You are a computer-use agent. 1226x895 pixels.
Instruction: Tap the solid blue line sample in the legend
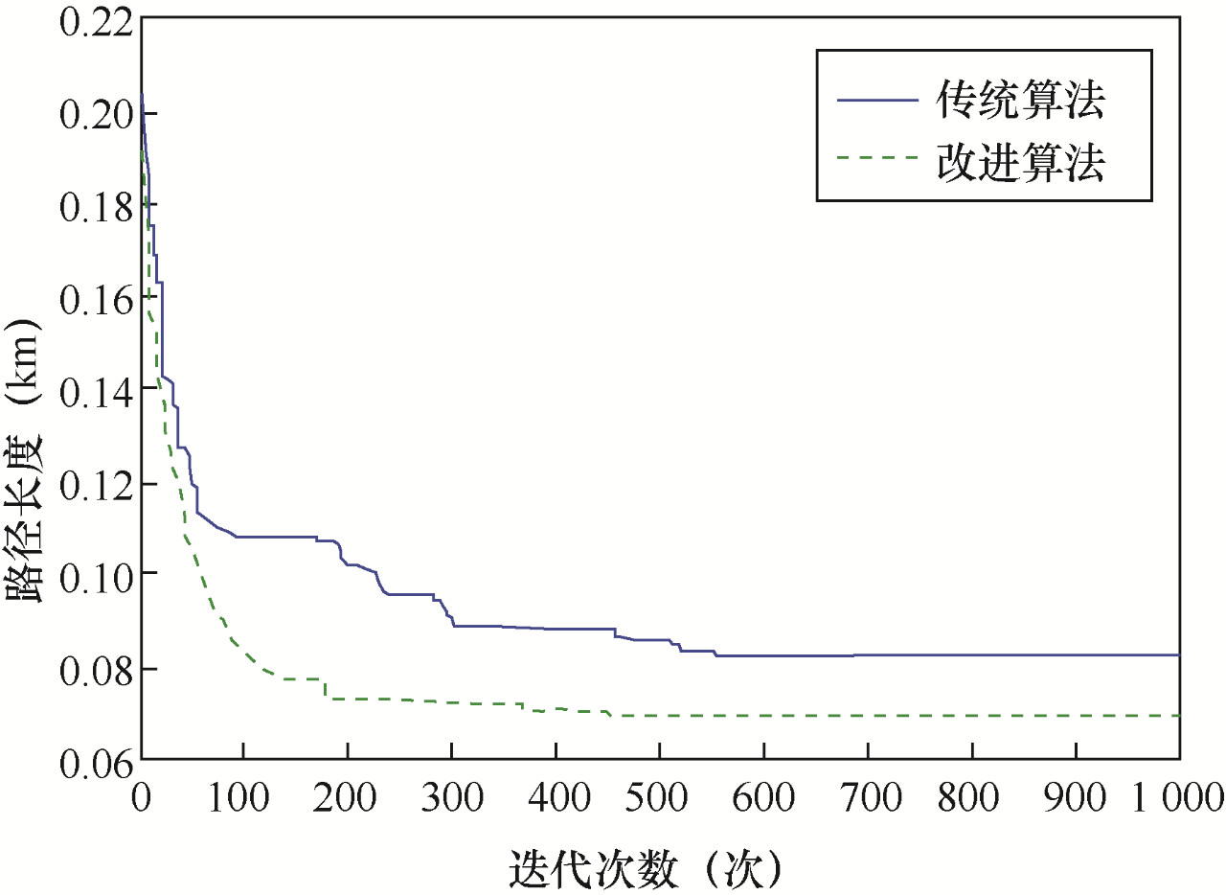876,101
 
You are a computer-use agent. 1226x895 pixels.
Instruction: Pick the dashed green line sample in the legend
876,163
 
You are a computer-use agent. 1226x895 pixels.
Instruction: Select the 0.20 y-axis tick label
93,114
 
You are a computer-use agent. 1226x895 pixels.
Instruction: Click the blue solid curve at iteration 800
972,654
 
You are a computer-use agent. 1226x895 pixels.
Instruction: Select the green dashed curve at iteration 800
972,716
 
